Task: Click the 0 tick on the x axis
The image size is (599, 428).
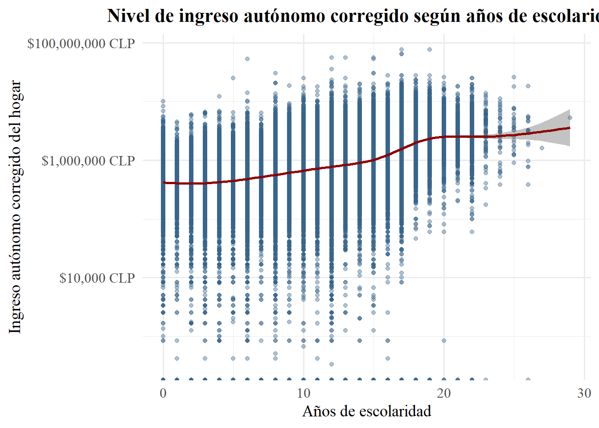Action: pos(163,393)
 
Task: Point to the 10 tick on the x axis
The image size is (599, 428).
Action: pos(304,393)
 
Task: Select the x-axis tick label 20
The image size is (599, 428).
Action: pos(444,393)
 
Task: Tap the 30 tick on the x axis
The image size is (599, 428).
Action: pos(584,393)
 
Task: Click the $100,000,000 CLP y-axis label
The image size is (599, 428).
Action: pos(81,44)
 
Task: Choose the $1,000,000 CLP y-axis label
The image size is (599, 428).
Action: pos(88,160)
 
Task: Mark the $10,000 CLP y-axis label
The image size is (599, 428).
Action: pos(97,278)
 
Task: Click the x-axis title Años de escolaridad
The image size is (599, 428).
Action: pos(367,411)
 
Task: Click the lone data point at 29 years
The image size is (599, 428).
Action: pos(570,118)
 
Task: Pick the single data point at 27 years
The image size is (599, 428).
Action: pos(542,148)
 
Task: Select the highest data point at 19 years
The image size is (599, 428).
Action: pos(430,49)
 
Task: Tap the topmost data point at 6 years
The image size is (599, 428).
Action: pos(247,59)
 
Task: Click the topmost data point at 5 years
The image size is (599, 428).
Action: pos(233,78)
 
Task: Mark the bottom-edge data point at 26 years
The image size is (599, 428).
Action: pos(528,380)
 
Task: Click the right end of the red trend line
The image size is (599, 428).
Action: pos(570,128)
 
